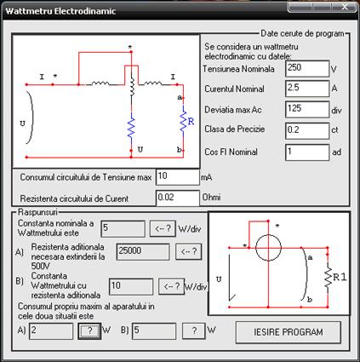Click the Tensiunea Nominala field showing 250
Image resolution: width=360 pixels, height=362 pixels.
click(x=307, y=68)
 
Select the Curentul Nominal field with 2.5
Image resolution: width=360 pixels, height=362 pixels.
click(x=307, y=89)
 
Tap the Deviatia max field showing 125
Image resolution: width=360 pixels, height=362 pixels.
click(x=307, y=109)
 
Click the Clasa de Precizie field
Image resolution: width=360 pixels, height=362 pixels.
click(x=307, y=130)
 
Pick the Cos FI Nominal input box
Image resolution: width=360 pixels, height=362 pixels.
click(x=307, y=152)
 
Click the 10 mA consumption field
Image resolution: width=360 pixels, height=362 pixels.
click(x=178, y=177)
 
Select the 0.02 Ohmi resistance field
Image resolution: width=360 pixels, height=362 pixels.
click(x=178, y=198)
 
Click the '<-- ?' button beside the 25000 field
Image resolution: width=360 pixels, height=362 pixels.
click(x=189, y=251)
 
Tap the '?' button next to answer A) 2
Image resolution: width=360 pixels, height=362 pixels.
click(x=89, y=330)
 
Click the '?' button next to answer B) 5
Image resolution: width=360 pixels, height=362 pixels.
click(x=194, y=330)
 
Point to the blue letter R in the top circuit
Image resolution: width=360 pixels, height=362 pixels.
click(x=191, y=122)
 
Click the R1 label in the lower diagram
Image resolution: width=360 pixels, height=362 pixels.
click(x=340, y=277)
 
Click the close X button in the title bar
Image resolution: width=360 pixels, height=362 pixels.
click(x=345, y=7)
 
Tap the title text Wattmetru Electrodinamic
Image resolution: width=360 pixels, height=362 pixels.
click(x=60, y=11)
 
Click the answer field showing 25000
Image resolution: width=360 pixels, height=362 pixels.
click(x=143, y=251)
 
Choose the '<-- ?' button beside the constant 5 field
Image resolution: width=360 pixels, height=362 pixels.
click(x=163, y=228)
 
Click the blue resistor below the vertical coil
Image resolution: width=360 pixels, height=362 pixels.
click(x=131, y=125)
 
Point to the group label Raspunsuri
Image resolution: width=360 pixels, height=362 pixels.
click(x=37, y=212)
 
